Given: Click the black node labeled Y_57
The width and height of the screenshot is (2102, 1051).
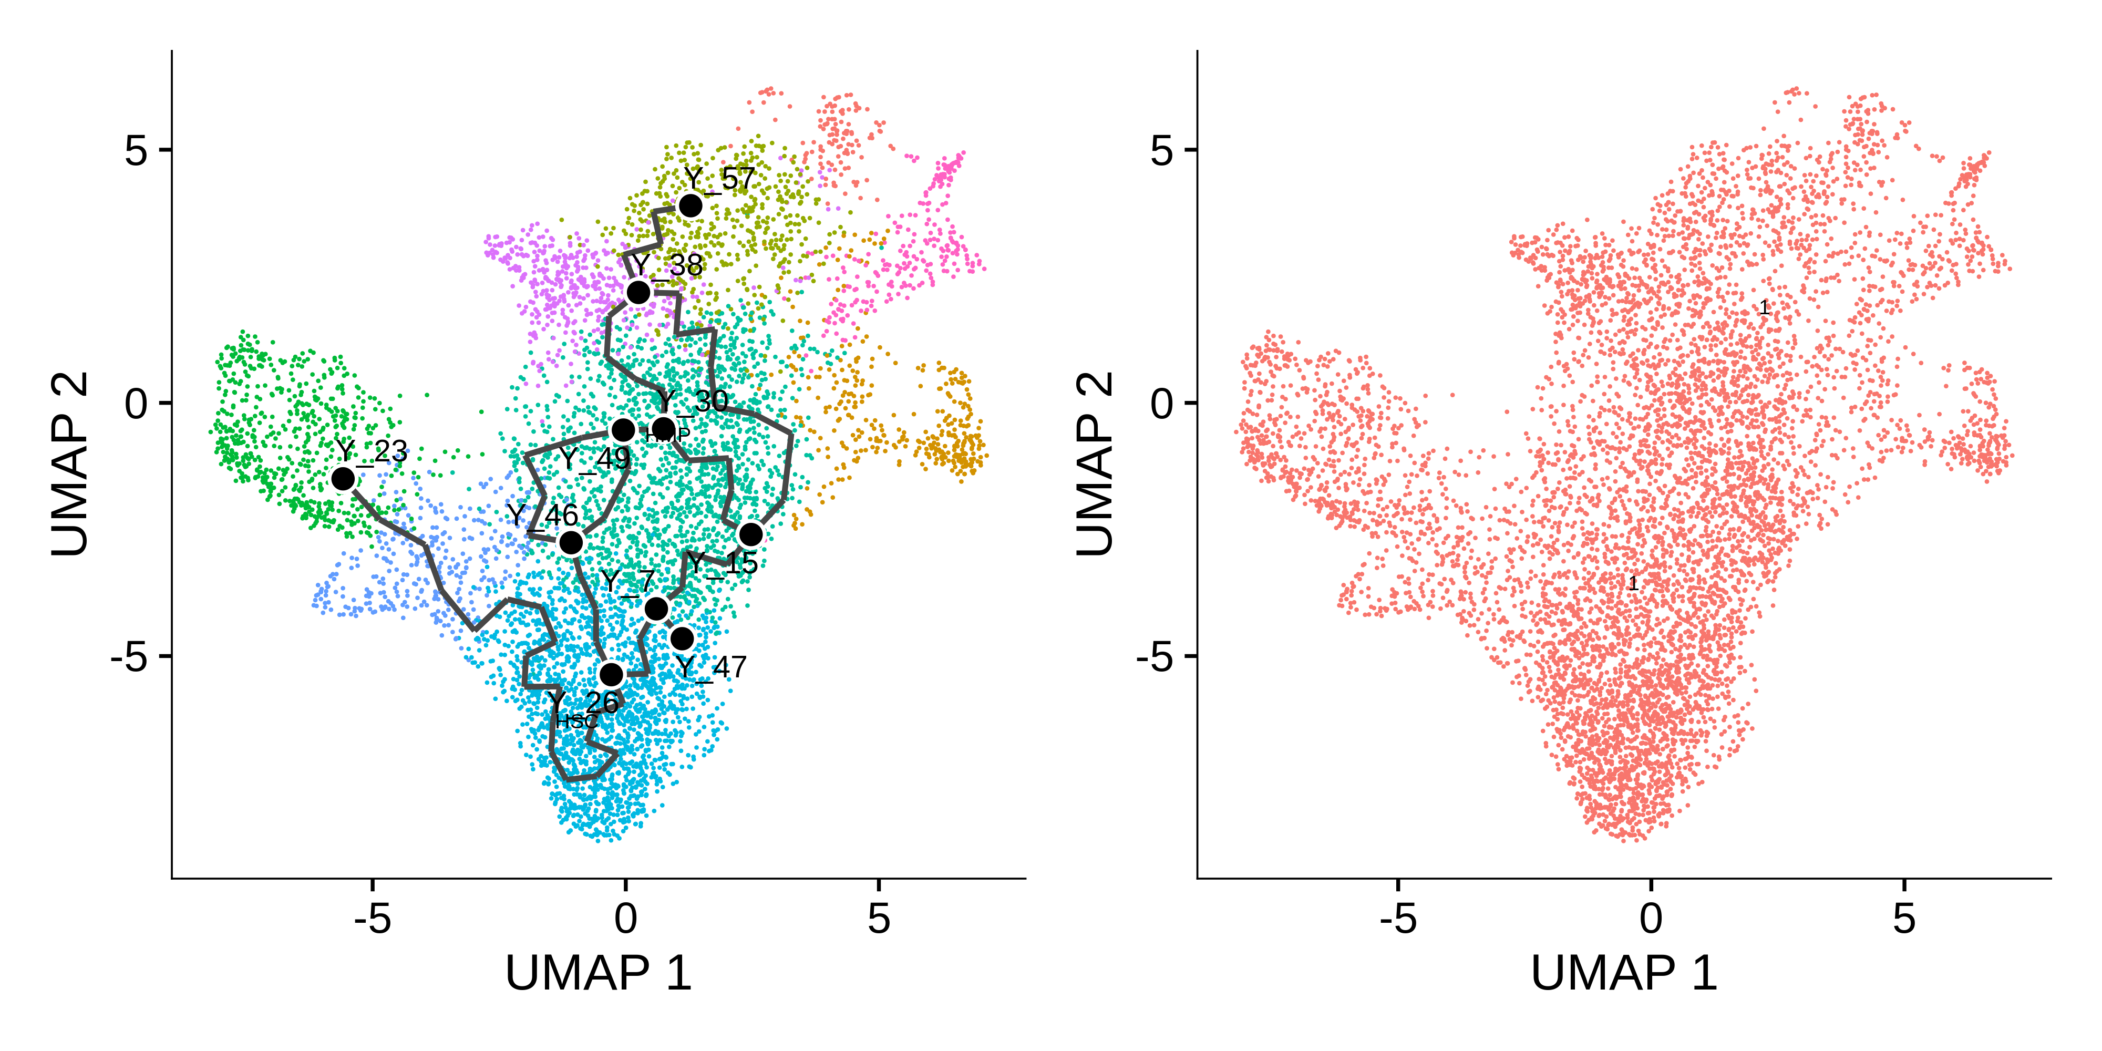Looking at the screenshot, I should [x=691, y=205].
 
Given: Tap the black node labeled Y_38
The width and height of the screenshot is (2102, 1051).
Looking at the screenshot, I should [x=638, y=292].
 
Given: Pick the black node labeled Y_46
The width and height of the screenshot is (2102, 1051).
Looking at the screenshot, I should [x=571, y=543].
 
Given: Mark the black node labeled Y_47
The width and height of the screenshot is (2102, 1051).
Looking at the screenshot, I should [x=682, y=638].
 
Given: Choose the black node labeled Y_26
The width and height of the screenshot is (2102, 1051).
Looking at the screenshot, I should [x=611, y=675].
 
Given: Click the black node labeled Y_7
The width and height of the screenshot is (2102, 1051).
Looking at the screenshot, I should [x=656, y=609].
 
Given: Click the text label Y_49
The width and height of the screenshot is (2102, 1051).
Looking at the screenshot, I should [x=595, y=459].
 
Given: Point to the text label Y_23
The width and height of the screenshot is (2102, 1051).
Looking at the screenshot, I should [x=372, y=451].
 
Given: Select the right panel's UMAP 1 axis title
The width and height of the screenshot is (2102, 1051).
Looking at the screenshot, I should [x=1624, y=973].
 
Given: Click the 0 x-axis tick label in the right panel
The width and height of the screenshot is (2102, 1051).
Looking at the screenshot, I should [x=1651, y=920].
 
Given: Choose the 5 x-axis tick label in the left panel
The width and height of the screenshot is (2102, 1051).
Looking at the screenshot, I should [x=878, y=920].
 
